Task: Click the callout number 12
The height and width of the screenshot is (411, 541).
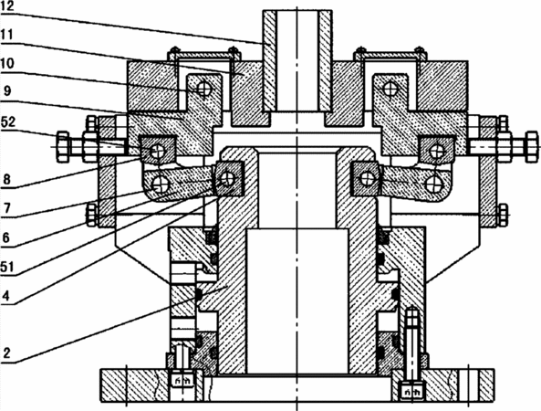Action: (x=7, y=7)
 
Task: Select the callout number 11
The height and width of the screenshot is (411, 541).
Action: (x=7, y=35)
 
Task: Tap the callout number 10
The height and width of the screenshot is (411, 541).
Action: (x=7, y=63)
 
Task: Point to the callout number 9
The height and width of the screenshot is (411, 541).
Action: (x=7, y=91)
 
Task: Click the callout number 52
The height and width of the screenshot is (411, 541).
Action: (x=7, y=121)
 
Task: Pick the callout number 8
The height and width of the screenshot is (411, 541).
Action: (x=6, y=180)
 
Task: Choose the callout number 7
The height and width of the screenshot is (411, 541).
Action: (x=6, y=208)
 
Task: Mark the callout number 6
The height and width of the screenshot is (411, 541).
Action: (x=6, y=238)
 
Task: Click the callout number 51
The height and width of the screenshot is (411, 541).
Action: (x=7, y=267)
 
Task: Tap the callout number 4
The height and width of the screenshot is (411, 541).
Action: (x=6, y=296)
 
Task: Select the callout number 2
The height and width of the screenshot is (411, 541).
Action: (x=6, y=353)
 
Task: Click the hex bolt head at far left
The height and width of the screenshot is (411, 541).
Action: (x=63, y=146)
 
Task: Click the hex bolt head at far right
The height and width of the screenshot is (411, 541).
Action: (x=531, y=146)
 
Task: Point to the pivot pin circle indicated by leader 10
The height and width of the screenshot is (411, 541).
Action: (x=204, y=90)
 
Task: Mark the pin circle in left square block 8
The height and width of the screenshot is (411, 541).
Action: (x=158, y=151)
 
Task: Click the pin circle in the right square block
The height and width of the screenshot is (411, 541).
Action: (x=437, y=151)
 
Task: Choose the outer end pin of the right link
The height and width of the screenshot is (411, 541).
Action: (x=433, y=183)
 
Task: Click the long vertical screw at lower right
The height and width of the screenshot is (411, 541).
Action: (x=412, y=342)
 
